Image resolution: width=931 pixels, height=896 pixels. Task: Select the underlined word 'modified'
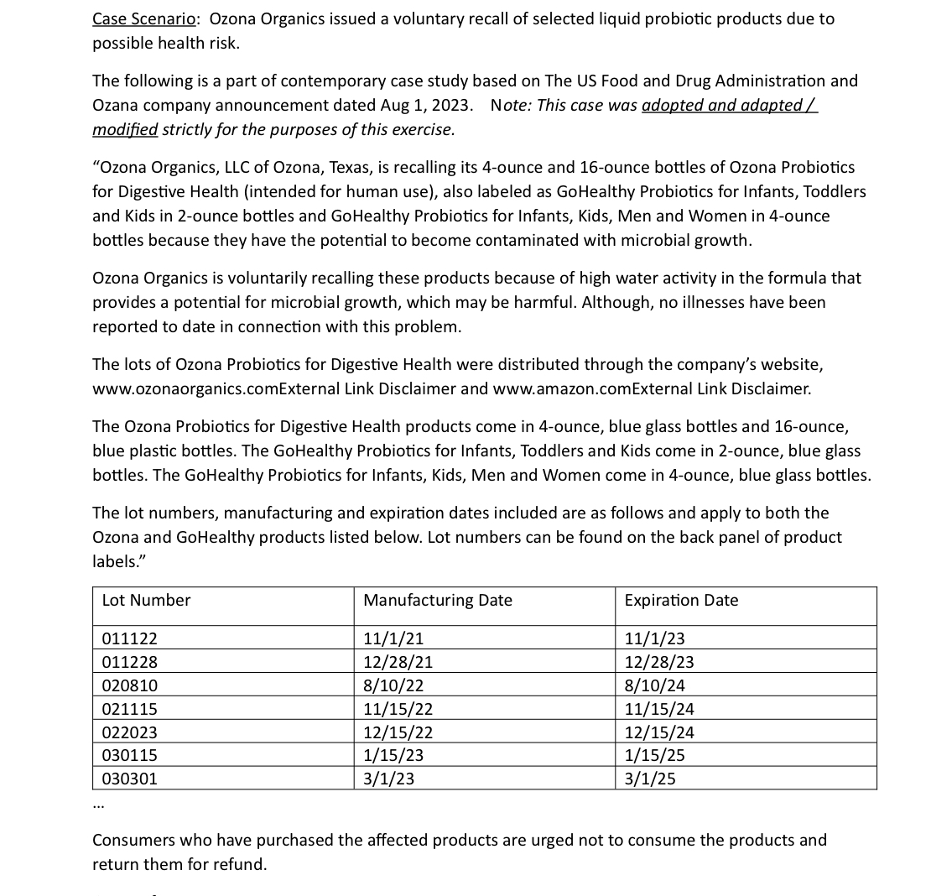(x=125, y=129)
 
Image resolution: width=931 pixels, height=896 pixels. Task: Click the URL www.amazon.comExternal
(x=594, y=388)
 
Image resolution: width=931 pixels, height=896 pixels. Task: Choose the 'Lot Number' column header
(x=146, y=600)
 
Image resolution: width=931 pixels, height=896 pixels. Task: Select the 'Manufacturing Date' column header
(x=437, y=600)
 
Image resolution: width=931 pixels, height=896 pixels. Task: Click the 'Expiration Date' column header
(x=681, y=600)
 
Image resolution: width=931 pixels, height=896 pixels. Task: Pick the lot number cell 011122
(x=129, y=639)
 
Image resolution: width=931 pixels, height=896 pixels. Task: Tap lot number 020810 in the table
(x=129, y=685)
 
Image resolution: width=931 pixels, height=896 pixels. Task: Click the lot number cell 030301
(x=129, y=779)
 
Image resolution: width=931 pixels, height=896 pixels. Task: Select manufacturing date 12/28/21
(x=398, y=662)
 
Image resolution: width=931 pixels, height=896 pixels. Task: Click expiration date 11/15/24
(x=659, y=709)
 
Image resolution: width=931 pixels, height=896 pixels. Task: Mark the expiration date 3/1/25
(x=650, y=779)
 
